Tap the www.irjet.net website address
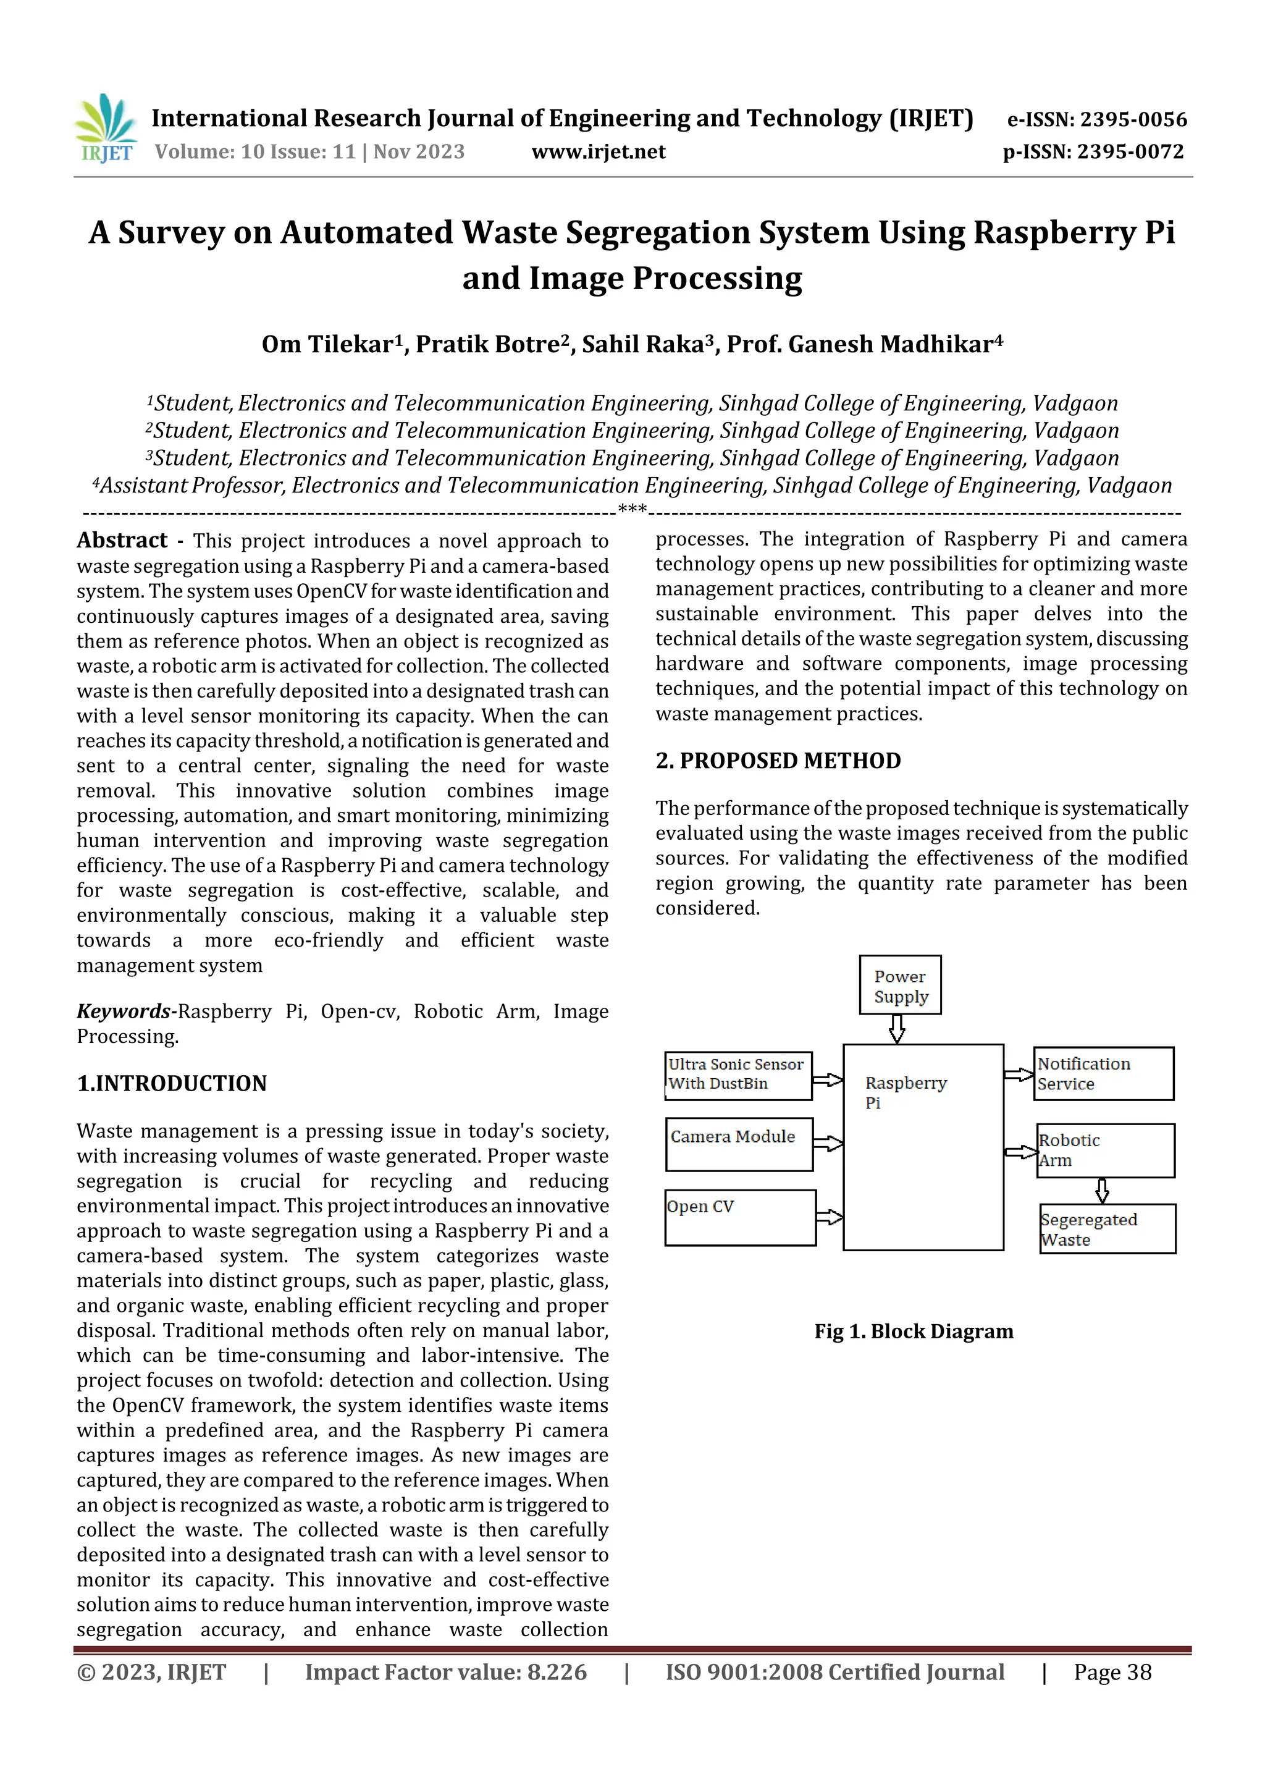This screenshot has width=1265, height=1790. (598, 152)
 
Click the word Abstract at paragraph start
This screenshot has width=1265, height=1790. (122, 540)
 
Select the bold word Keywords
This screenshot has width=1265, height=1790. (123, 1011)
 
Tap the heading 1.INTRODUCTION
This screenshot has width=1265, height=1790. (172, 1083)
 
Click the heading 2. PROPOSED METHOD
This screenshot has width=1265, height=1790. (778, 760)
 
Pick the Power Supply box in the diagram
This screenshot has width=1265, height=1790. (900, 986)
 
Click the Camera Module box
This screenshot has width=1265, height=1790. (739, 1144)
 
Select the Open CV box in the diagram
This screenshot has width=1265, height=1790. (740, 1217)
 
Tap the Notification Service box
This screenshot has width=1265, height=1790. (1103, 1073)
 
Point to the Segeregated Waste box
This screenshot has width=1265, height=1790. (1107, 1229)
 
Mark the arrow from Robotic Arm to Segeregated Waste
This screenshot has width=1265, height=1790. (1101, 1189)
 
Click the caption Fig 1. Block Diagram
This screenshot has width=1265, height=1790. (914, 1332)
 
